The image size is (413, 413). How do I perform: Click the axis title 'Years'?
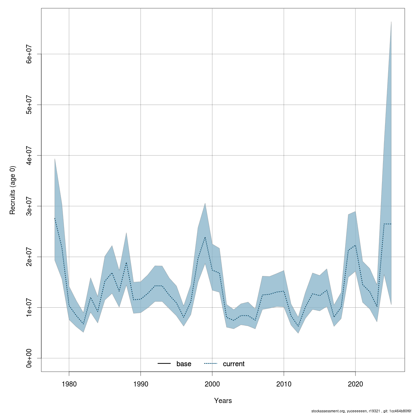pos(223,401)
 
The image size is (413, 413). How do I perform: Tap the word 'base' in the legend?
pos(184,364)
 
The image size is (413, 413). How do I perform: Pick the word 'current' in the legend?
pos(234,364)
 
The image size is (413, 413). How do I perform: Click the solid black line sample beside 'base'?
pos(164,364)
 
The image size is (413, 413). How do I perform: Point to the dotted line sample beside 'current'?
pos(211,364)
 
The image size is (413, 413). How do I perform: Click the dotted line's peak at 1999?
pos(205,237)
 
